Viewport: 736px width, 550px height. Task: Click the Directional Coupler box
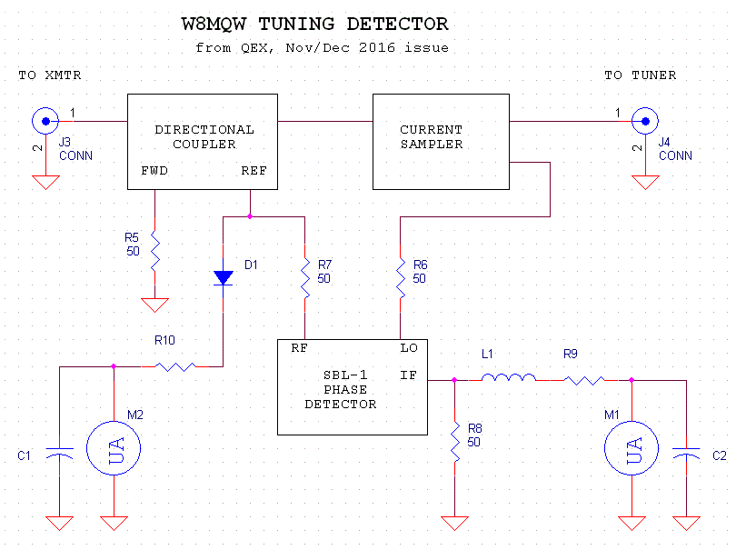pos(203,140)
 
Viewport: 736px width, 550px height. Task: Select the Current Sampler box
pos(442,140)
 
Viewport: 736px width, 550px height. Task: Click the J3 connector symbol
pos(43,119)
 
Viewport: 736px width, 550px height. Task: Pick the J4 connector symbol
pos(644,119)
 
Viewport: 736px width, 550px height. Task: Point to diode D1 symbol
pos(224,276)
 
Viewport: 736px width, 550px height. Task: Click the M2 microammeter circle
pos(114,446)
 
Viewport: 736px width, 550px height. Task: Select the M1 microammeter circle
pos(632,446)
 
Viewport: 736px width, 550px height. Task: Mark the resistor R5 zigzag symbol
pos(155,248)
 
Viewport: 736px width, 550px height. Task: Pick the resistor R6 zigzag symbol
pos(400,274)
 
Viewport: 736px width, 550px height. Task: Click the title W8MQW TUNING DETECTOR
pos(315,25)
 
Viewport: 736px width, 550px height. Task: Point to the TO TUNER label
pos(640,75)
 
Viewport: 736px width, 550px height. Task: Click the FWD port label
pos(154,171)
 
